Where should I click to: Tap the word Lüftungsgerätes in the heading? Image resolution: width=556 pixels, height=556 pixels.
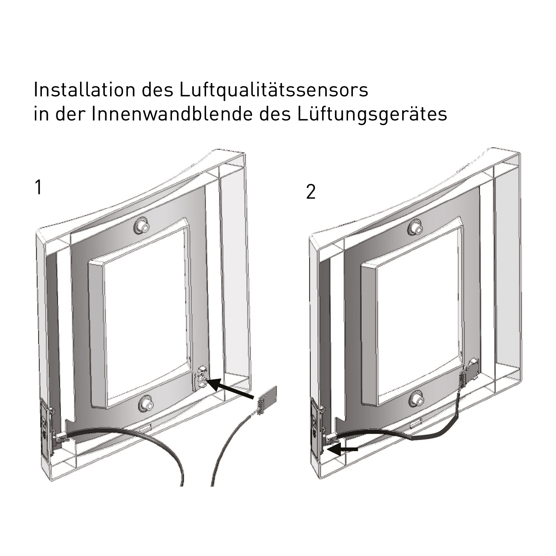(x=372, y=115)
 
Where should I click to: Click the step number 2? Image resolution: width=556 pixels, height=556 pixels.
(x=311, y=192)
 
